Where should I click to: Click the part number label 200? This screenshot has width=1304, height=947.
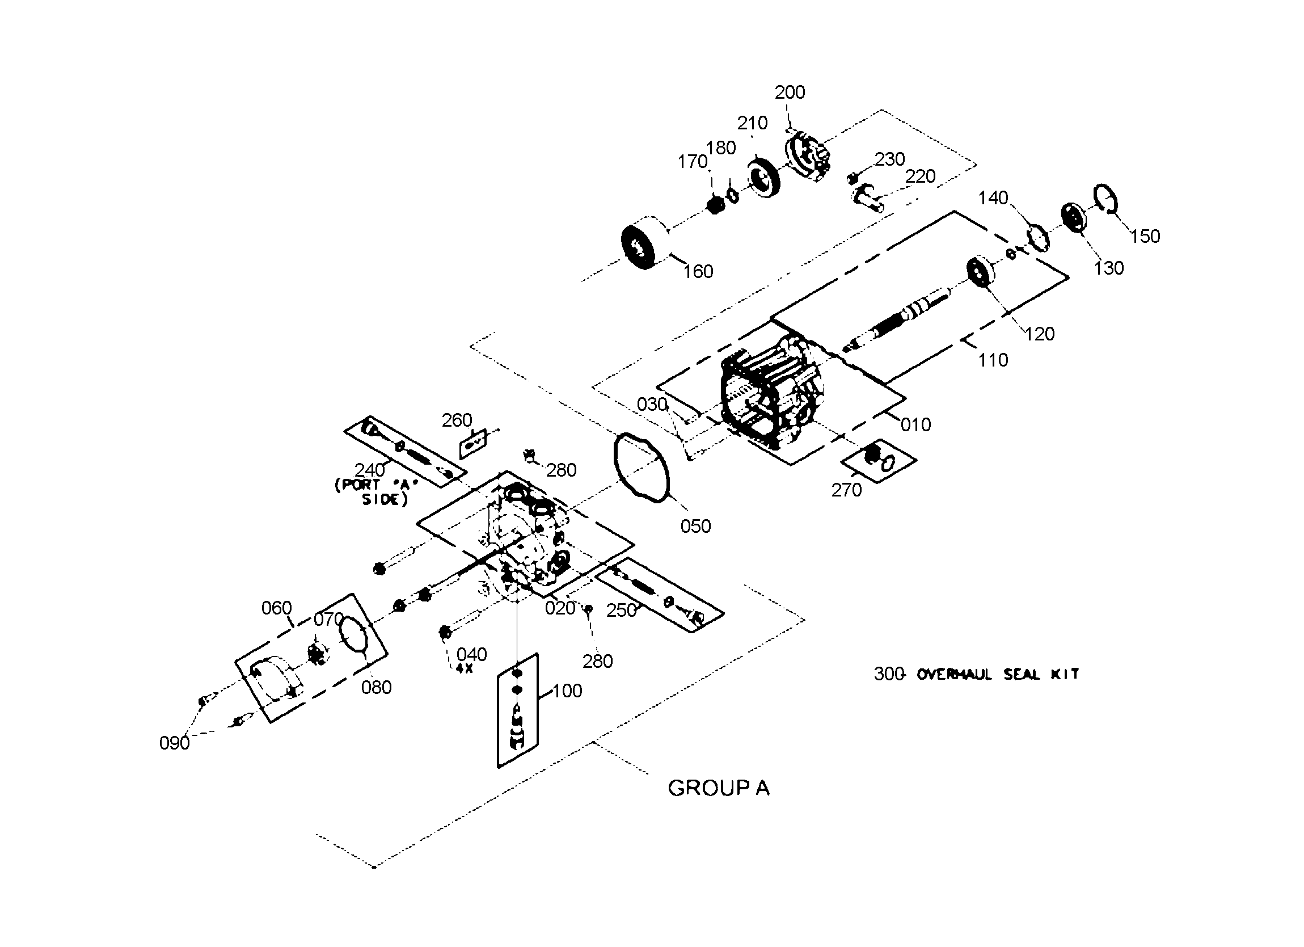click(x=790, y=92)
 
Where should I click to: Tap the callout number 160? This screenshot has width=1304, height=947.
click(x=698, y=272)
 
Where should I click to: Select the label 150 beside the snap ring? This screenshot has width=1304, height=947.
click(x=1145, y=237)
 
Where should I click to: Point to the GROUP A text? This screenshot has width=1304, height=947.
click(x=718, y=788)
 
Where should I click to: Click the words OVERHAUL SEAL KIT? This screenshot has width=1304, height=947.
click(x=998, y=674)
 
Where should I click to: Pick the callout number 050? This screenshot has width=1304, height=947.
click(x=696, y=527)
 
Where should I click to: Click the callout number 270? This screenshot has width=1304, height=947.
click(x=846, y=490)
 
